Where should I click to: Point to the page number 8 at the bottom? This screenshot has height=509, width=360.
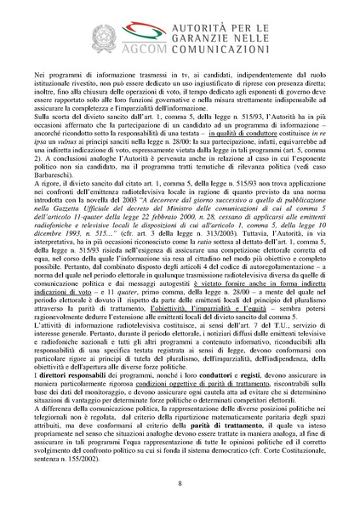tap(180, 484)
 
